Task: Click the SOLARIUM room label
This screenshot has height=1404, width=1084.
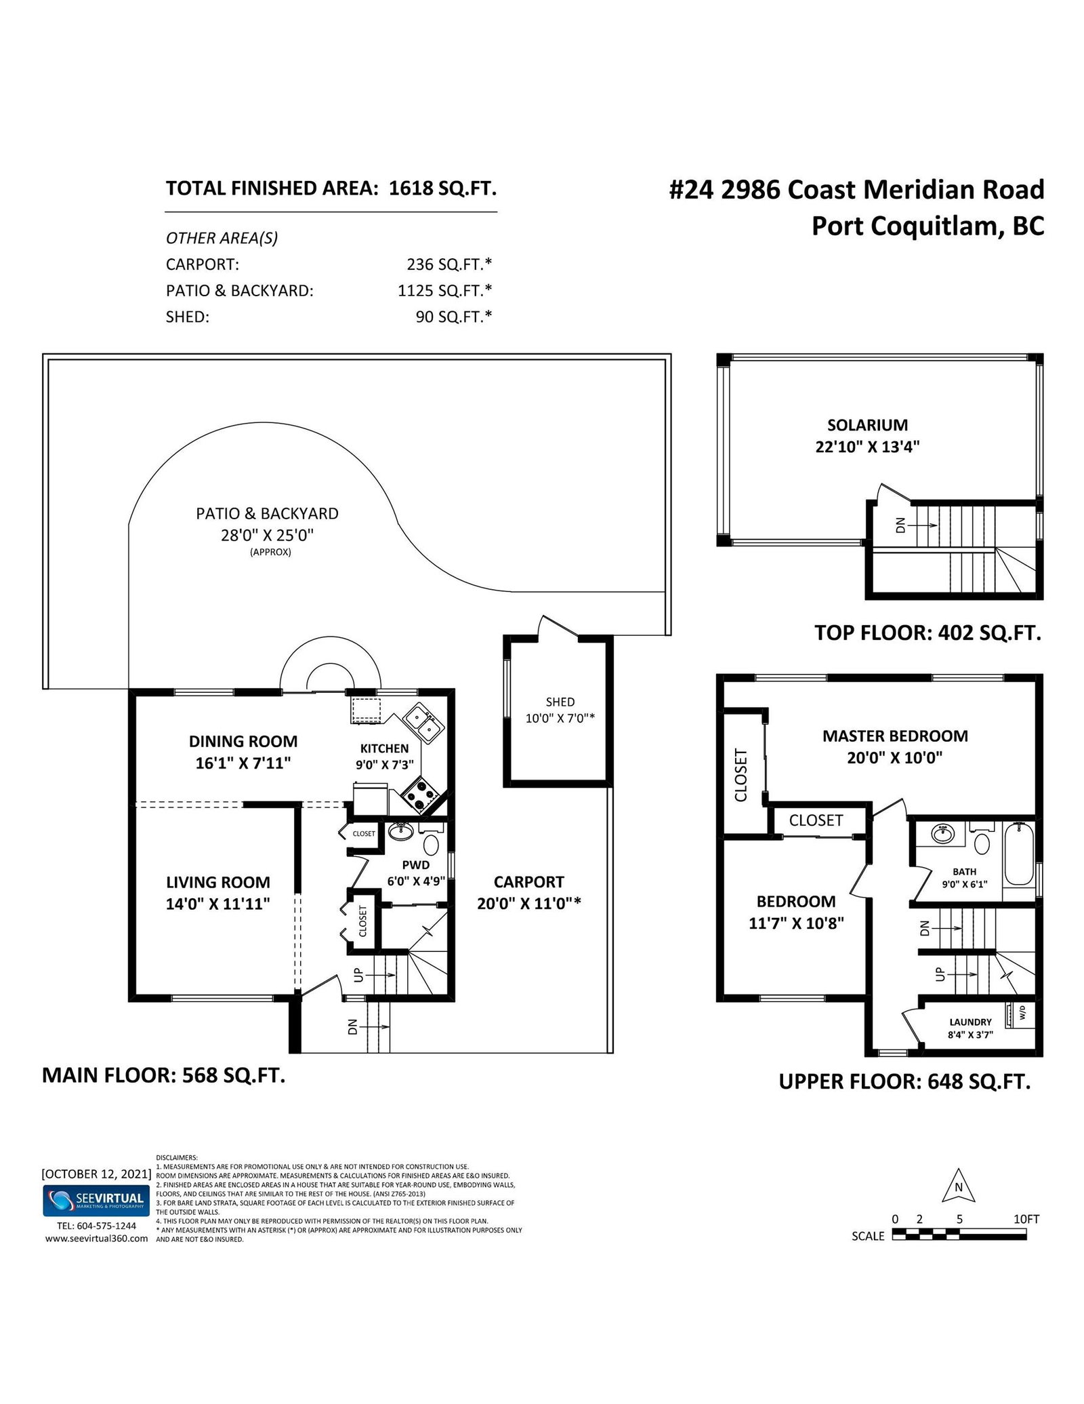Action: tap(867, 425)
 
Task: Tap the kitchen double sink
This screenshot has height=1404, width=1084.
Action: tap(423, 723)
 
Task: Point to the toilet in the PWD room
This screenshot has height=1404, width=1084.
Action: tap(431, 845)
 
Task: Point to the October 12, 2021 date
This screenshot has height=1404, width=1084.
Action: tap(96, 1174)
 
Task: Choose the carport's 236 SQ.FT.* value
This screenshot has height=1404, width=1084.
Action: tap(449, 264)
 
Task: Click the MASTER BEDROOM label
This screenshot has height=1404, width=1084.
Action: tap(895, 736)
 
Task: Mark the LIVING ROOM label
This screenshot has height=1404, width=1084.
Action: tap(218, 882)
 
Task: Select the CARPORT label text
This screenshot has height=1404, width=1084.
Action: tap(528, 882)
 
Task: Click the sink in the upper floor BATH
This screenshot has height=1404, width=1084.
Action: tap(942, 833)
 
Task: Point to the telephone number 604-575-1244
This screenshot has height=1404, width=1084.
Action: tap(106, 1226)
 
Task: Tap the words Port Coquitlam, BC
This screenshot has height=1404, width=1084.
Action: tap(928, 226)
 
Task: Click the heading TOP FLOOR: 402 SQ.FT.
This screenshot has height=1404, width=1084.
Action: tap(927, 633)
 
